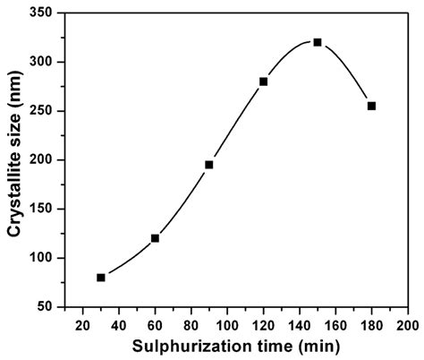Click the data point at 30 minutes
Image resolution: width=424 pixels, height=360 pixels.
pos(101,278)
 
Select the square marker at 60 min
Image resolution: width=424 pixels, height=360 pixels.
pos(155,238)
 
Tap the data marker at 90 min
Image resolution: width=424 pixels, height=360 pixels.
pos(209,165)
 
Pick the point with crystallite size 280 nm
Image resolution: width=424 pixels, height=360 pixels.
pos(264,81)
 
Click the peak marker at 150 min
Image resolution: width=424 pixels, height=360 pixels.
pos(318,42)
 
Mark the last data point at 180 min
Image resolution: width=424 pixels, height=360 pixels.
pos(371,106)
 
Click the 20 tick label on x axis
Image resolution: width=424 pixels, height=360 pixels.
pos(83,323)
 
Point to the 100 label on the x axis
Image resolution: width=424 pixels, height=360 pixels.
pos(227,323)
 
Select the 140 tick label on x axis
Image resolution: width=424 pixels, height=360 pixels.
pos(300,323)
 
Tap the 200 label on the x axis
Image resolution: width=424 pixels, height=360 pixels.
pos(407,323)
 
